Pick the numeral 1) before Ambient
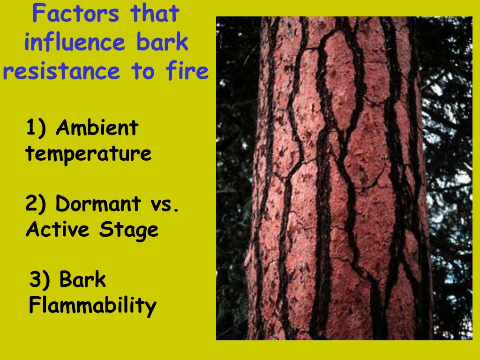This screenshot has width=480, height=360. pyautogui.click(x=36, y=128)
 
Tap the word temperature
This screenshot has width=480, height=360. pyautogui.click(x=89, y=154)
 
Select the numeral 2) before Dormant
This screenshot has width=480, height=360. pyautogui.click(x=37, y=204)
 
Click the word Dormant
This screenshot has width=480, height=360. pyautogui.click(x=98, y=204)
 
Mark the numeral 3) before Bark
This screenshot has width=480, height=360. pyautogui.click(x=40, y=280)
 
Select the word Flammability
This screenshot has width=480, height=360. pyautogui.click(x=92, y=306)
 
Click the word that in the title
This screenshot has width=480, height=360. pyautogui.click(x=155, y=14)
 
